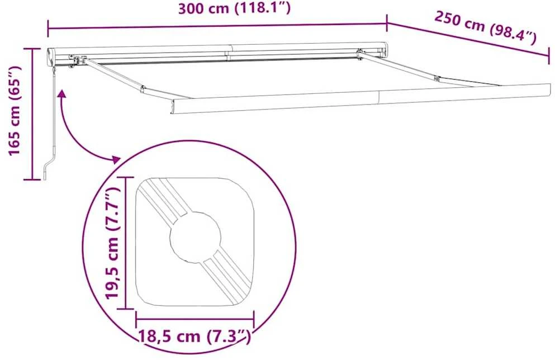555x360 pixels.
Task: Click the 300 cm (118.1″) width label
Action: coord(234,8)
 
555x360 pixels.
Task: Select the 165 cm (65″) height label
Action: coord(15,111)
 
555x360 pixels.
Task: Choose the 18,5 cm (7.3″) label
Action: coord(195,336)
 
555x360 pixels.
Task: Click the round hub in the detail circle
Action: coord(196,237)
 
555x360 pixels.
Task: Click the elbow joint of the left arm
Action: coord(143,89)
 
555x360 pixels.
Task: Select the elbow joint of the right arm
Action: coord(437,79)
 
